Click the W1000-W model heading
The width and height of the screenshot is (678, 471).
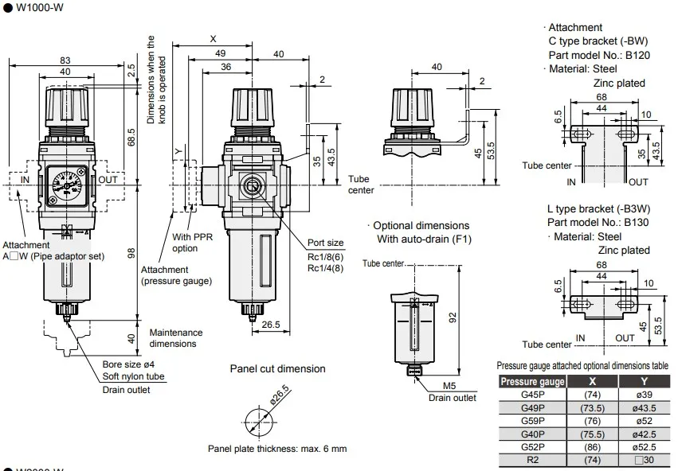pyautogui.click(x=40, y=7)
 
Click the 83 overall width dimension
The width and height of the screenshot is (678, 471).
pyautogui.click(x=65, y=60)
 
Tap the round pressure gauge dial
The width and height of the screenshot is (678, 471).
pyautogui.click(x=66, y=185)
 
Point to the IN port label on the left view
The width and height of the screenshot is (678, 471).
pyautogui.click(x=25, y=180)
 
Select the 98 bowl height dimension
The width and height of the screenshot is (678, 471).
pyautogui.click(x=131, y=254)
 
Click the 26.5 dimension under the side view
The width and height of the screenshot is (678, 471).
pyautogui.click(x=271, y=325)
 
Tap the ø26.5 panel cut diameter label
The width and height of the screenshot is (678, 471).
pyautogui.click(x=280, y=395)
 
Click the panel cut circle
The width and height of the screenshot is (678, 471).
pyautogui.click(x=259, y=422)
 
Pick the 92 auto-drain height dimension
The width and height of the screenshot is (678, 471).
pyautogui.click(x=453, y=317)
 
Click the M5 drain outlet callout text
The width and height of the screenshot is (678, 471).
pyautogui.click(x=449, y=386)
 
